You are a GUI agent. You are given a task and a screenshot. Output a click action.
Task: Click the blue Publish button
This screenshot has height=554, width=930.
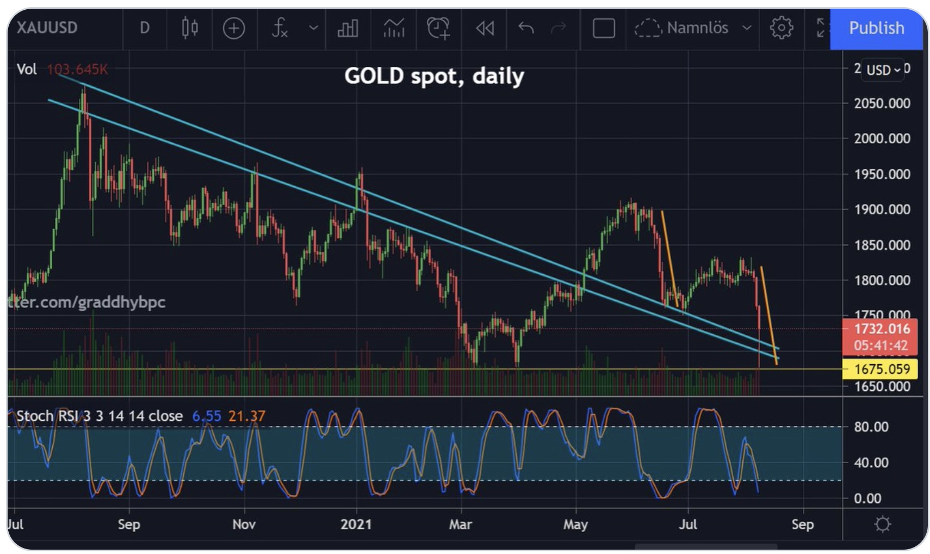tap(876, 28)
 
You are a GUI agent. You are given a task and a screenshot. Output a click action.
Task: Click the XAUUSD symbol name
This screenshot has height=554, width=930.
tap(47, 28)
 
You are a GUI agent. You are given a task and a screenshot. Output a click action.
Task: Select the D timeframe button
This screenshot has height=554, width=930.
tap(144, 28)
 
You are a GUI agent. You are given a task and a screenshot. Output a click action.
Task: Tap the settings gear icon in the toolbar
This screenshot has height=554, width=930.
tap(781, 28)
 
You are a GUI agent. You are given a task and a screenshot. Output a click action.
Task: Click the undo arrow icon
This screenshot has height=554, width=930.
tap(525, 28)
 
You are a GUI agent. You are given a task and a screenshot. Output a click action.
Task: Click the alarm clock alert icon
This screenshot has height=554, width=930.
tap(438, 28)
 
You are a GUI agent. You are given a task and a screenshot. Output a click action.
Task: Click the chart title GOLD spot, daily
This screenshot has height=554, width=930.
tap(434, 76)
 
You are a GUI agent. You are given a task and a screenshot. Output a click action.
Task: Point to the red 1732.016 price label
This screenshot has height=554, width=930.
tap(881, 329)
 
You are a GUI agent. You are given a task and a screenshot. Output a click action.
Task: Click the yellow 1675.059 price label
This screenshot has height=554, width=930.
tap(881, 369)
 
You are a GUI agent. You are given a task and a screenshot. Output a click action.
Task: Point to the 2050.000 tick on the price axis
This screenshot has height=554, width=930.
tap(882, 103)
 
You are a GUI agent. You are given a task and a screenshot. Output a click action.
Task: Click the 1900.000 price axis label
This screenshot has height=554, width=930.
tap(882, 210)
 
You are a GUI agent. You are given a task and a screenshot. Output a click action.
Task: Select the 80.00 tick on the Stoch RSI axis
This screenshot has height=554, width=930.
tap(871, 427)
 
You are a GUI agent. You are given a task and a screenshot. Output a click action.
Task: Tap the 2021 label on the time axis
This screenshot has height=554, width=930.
tap(356, 524)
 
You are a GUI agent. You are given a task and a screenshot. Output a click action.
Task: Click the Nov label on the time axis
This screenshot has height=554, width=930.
tap(244, 524)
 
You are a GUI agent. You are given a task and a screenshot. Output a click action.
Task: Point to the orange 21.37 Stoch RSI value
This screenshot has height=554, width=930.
tap(246, 416)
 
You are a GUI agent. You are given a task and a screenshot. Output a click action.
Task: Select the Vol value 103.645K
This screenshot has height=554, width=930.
tap(77, 70)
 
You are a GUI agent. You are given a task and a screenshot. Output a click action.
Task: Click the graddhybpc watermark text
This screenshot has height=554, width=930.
tap(87, 302)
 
